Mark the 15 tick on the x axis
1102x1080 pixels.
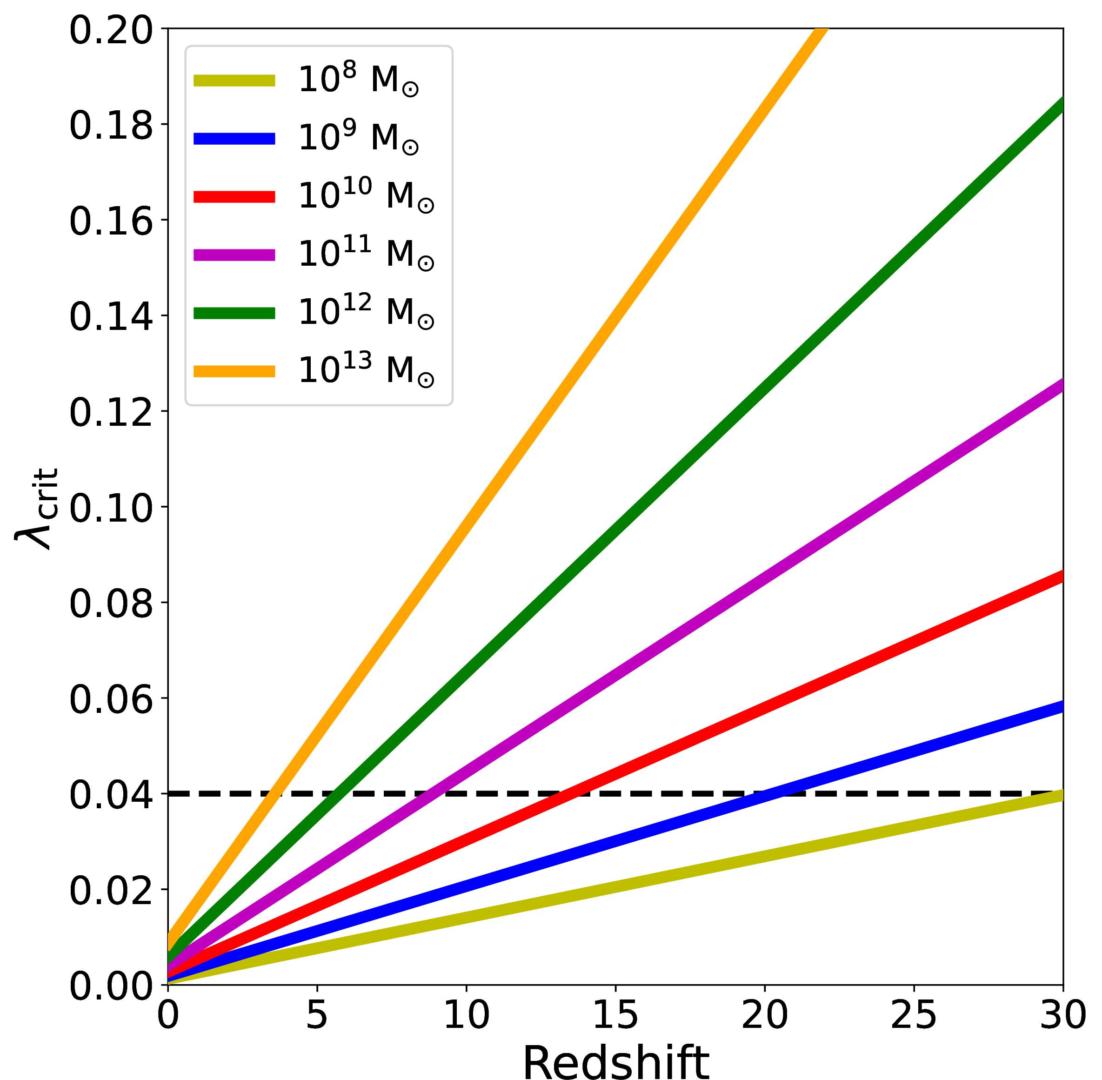(615, 1015)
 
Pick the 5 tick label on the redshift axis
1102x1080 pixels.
(316, 1015)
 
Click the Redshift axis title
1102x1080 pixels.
(615, 1061)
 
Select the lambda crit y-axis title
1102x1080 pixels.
(36, 508)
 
